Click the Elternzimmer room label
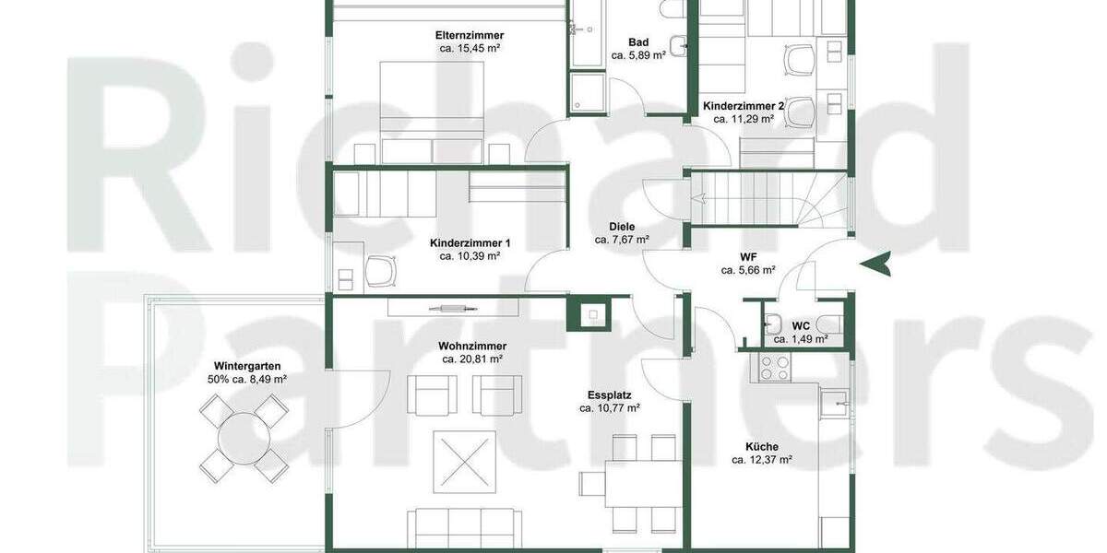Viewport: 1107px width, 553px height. pyautogui.click(x=470, y=35)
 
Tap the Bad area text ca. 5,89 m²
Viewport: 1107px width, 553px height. pyautogui.click(x=638, y=55)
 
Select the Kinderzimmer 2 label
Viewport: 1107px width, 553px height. pyautogui.click(x=744, y=107)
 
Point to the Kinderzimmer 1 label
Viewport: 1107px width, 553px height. pyautogui.click(x=470, y=243)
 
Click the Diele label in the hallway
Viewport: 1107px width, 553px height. pyautogui.click(x=622, y=227)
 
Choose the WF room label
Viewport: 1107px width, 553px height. pyautogui.click(x=748, y=257)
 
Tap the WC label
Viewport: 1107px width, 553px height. pyautogui.click(x=801, y=325)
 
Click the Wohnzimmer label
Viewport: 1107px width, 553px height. pyautogui.click(x=472, y=347)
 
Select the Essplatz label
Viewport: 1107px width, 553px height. pyautogui.click(x=610, y=394)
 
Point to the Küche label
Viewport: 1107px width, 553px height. pyautogui.click(x=761, y=447)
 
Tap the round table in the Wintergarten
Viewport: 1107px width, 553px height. pyautogui.click(x=244, y=438)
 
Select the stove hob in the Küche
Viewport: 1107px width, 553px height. pyautogui.click(x=772, y=368)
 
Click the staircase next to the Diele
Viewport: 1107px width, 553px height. pyautogui.click(x=768, y=199)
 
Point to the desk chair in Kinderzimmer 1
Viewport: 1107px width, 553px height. pyautogui.click(x=381, y=271)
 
